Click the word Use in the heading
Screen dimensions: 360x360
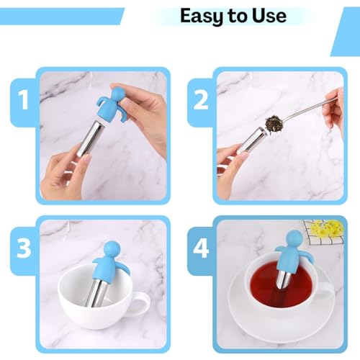point(269,16)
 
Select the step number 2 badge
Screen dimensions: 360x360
point(201,101)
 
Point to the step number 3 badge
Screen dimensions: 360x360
point(24,250)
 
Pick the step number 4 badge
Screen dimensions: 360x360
point(201,250)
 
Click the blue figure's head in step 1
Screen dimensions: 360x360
point(117,94)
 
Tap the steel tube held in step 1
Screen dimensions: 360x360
point(89,139)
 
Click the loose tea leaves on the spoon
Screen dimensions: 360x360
point(273,123)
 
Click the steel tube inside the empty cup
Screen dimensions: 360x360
point(96,292)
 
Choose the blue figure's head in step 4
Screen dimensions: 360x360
point(294,238)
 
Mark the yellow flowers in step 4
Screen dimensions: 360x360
point(326,228)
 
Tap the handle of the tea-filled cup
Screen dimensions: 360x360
point(325,296)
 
